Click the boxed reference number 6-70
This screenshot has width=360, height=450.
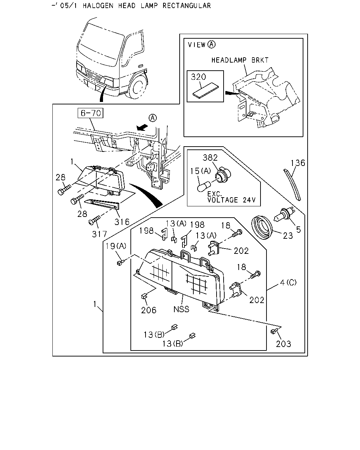[x=90, y=113]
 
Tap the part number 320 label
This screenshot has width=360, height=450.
[x=198, y=77]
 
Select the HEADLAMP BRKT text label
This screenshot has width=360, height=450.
[x=240, y=60]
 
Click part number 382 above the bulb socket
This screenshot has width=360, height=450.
[x=210, y=157]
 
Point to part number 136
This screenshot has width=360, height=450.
[x=298, y=163]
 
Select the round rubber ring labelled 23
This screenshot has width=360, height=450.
[x=262, y=229]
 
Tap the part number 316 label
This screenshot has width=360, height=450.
[x=122, y=221]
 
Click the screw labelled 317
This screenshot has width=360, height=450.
[x=95, y=220]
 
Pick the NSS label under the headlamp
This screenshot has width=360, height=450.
[x=181, y=309]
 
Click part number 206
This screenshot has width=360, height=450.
[x=148, y=310]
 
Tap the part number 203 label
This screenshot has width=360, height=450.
[x=283, y=344]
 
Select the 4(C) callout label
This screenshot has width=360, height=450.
[x=288, y=283]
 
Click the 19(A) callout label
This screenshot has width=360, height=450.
[x=116, y=246]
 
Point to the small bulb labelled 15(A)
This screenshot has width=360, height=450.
[x=203, y=186]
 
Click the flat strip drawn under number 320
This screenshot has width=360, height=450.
[x=206, y=91]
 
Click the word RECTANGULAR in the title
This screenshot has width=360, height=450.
[x=187, y=6]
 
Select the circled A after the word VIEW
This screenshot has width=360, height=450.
[x=211, y=45]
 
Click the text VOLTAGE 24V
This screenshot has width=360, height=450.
[x=231, y=200]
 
